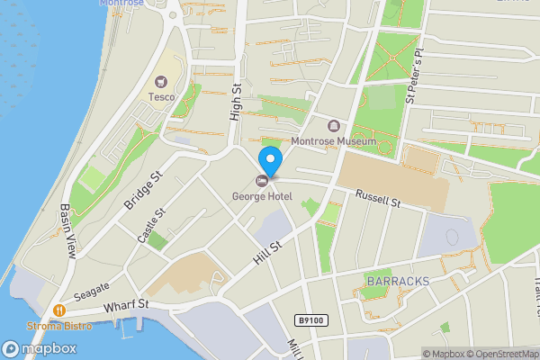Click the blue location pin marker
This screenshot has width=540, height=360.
click(269, 160)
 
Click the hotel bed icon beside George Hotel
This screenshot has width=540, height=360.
click(262, 180)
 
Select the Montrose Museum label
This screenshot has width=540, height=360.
click(332, 141)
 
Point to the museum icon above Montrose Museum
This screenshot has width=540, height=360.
click(334, 125)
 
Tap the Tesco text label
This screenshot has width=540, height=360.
click(162, 96)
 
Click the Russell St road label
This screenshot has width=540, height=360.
click(377, 199)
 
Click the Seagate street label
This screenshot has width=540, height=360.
click(92, 290)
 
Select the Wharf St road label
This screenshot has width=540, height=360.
click(125, 307)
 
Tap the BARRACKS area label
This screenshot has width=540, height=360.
click(398, 282)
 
